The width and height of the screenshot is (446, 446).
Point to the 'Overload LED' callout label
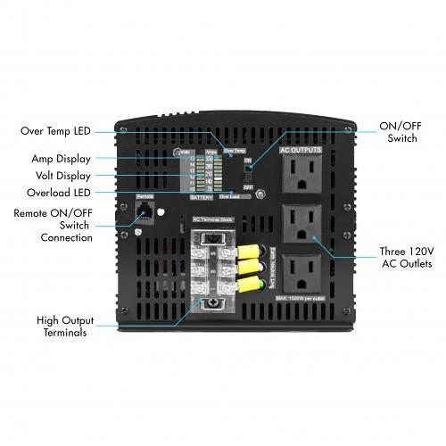tap(56, 193)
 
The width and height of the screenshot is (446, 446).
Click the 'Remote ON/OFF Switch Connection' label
tap(54, 225)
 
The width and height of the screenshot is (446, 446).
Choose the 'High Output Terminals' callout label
tap(62, 326)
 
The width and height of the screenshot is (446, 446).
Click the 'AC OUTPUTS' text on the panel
tap(301, 151)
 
